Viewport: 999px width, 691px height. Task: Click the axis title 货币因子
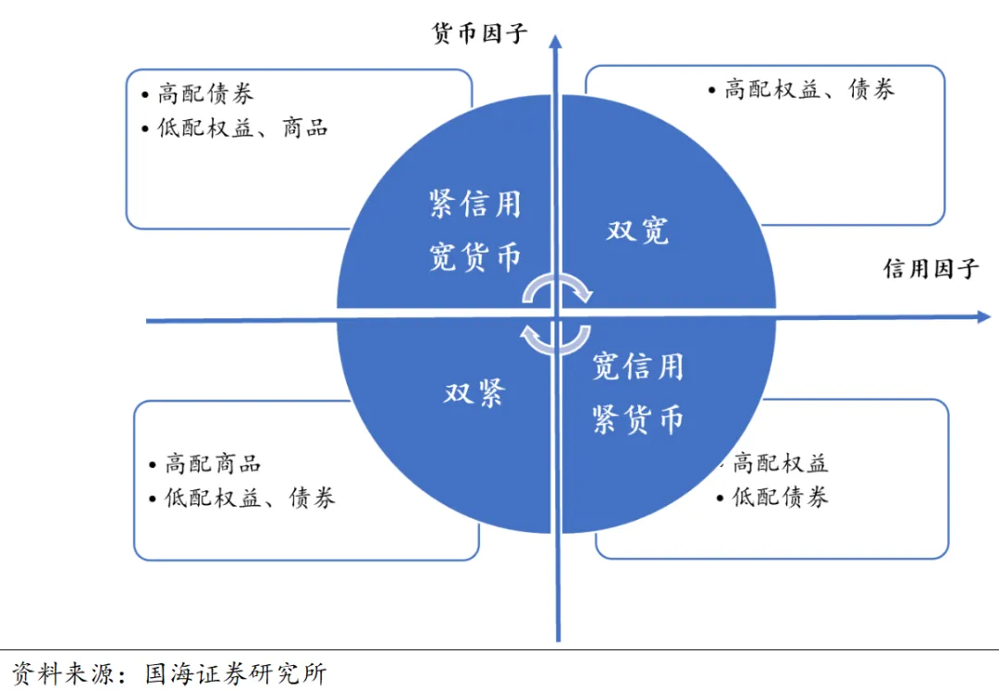coord(480,34)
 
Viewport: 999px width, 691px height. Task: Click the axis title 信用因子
coord(931,269)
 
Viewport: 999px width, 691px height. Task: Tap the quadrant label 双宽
coord(637,230)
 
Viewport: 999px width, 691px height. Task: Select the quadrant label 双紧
coord(474,393)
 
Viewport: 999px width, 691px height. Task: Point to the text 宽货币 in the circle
coord(475,256)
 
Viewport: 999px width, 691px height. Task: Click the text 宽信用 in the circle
coord(637,366)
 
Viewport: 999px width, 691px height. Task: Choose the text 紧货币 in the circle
coord(637,420)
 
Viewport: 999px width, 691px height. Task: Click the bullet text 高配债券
coord(205,93)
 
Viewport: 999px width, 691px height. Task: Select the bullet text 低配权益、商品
coord(242,128)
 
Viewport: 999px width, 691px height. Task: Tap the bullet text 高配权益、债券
coord(809,90)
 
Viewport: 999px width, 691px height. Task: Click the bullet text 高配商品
coord(213,463)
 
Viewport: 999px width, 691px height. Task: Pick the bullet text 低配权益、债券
coord(250,498)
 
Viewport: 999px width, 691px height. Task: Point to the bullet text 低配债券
coord(780,497)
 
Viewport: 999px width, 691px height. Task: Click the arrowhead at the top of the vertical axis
coord(555,42)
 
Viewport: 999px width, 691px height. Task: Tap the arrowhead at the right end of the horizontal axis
coord(983,317)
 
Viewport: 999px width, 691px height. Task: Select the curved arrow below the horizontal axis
coord(555,339)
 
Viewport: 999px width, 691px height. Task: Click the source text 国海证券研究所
coord(236,673)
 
